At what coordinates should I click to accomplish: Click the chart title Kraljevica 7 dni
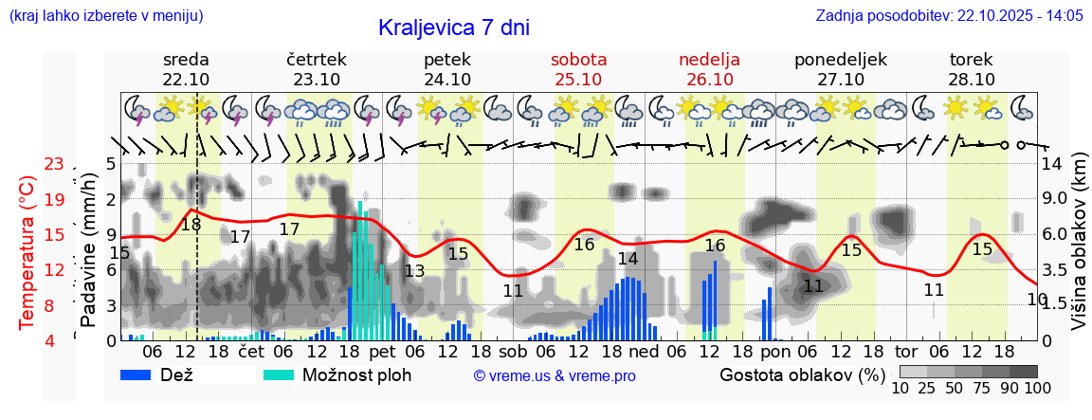453,27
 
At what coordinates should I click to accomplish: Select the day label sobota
579,60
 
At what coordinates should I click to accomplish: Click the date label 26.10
709,80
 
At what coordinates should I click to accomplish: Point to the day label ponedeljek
840,60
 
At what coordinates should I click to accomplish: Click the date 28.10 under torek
971,80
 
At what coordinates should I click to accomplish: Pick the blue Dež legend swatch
142,374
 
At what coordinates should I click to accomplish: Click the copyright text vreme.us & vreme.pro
554,375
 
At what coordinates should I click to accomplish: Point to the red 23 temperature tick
53,165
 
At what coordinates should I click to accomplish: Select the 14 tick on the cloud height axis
1052,163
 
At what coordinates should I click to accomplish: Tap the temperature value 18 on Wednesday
191,225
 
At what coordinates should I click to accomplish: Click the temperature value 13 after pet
414,271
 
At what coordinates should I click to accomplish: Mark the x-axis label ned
644,352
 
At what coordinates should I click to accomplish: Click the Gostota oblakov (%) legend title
801,374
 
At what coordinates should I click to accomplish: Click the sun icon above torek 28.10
955,106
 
